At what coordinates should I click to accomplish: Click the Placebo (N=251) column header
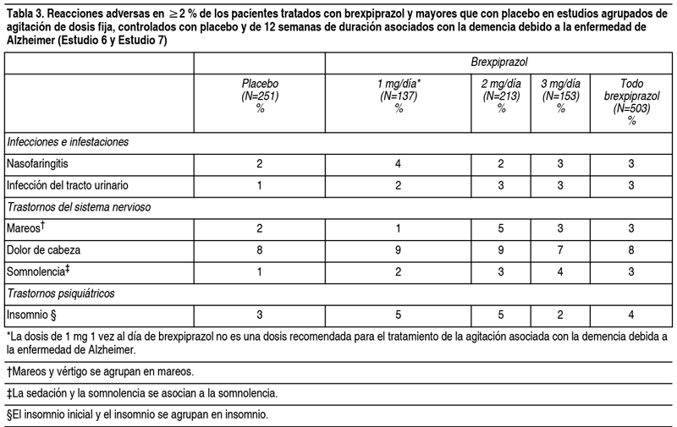pos(260,96)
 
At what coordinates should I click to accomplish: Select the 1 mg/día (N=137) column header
pos(399,96)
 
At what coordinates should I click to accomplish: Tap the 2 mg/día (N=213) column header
pos(500,96)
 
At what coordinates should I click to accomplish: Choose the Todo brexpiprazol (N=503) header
pos(630,101)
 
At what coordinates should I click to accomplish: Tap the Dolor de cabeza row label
pos(45,250)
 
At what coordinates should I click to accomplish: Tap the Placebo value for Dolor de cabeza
pos(260,250)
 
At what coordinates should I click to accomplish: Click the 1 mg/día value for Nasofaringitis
pos(399,162)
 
